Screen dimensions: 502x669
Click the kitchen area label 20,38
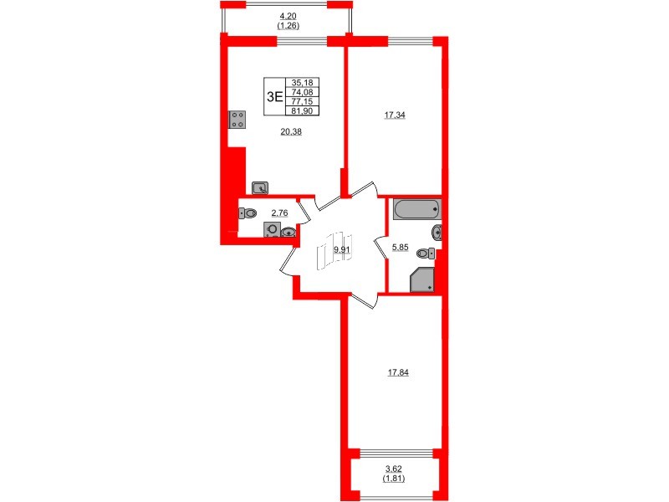289,130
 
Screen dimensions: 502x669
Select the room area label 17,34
372,118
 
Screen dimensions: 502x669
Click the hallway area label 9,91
341,249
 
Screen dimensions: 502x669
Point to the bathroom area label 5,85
401,247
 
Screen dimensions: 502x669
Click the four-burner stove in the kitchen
236,120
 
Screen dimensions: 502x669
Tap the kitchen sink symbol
260,188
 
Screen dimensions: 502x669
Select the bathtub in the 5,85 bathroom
416,209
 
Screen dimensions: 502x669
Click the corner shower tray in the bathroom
422,280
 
